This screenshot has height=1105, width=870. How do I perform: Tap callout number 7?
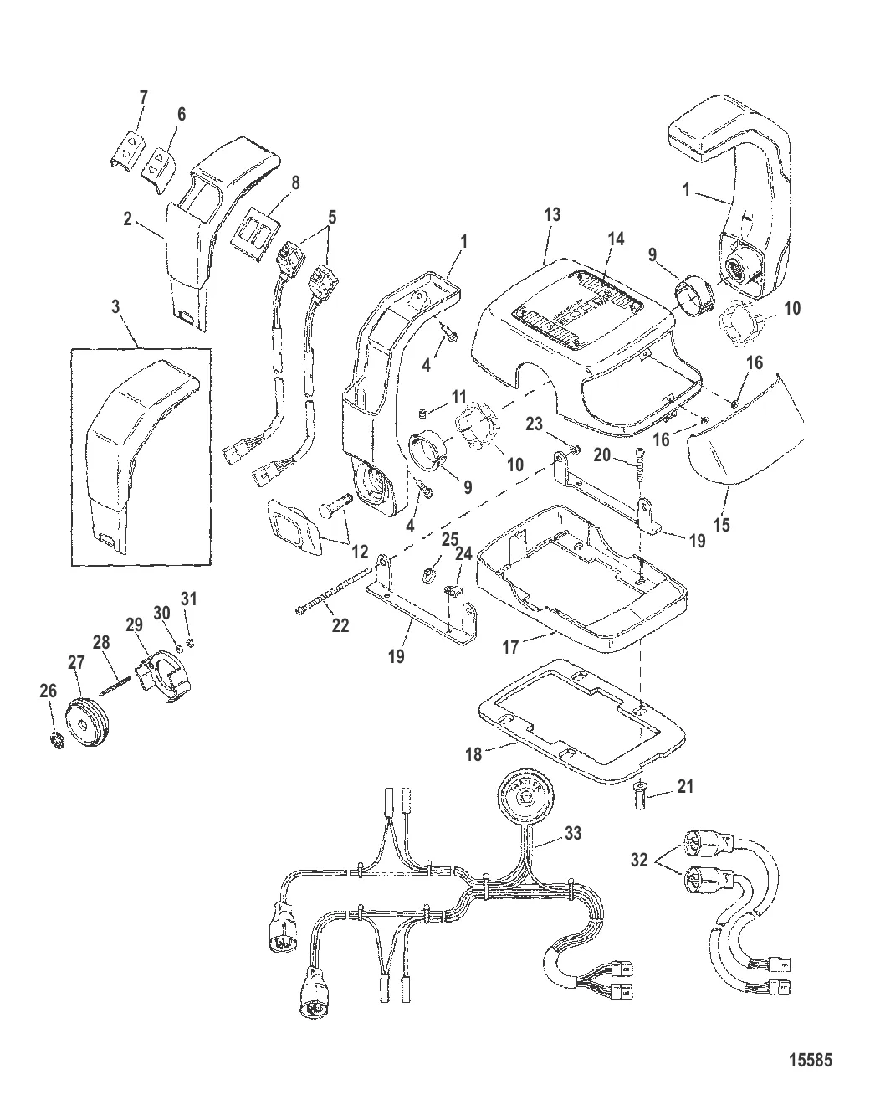click(143, 98)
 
